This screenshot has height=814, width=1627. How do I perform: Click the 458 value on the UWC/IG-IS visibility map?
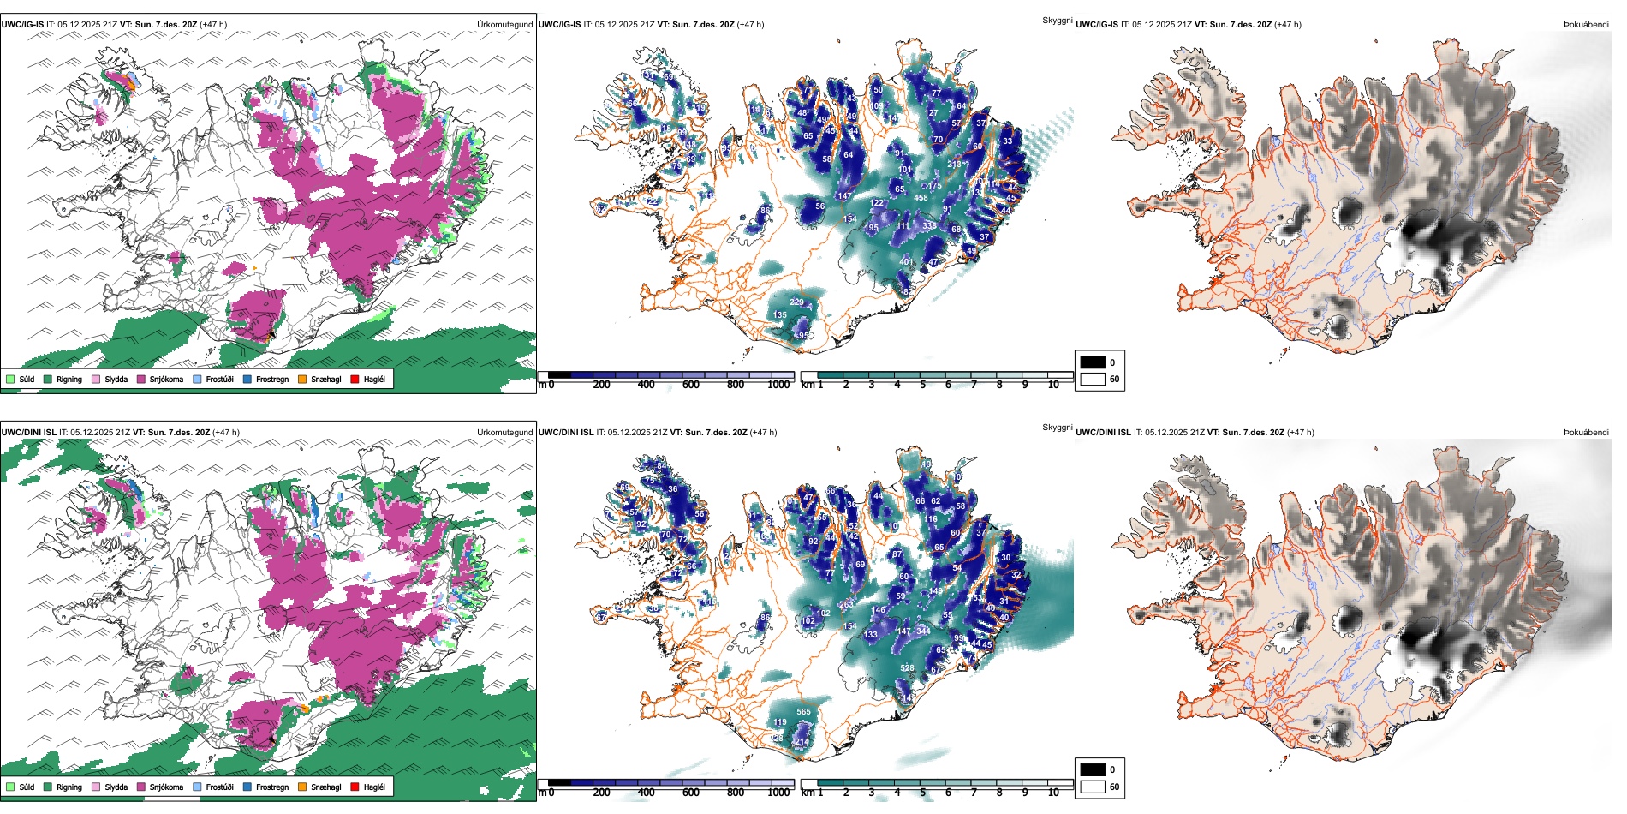point(921,198)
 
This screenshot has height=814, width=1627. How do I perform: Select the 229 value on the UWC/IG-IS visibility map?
point(796,302)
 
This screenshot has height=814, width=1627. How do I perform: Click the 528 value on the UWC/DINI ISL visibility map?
point(907,668)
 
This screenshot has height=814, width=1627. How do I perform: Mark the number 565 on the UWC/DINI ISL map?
point(803,712)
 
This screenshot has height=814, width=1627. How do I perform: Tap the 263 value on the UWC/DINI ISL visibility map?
point(846,605)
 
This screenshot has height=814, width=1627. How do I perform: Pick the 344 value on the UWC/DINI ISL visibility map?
point(923,631)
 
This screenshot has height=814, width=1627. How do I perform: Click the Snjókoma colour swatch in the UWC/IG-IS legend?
point(141,379)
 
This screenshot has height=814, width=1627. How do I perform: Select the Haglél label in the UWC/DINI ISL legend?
point(374,787)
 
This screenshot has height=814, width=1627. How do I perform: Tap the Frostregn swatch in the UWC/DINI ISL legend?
point(247,787)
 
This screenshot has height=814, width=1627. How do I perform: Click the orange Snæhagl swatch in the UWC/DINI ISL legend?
point(302,787)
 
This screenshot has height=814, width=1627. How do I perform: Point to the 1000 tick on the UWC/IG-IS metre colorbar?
point(778,385)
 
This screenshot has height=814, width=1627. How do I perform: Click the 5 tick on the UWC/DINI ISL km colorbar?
point(923,793)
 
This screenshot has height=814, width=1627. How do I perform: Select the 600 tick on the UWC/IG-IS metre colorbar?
point(690,385)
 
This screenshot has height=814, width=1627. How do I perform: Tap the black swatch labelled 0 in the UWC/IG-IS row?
point(1093,362)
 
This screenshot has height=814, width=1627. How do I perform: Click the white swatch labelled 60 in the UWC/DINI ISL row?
point(1093,787)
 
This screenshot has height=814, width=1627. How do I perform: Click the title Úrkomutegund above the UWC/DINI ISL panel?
point(504,432)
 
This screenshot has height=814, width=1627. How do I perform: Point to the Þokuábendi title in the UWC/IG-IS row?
point(1586,25)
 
